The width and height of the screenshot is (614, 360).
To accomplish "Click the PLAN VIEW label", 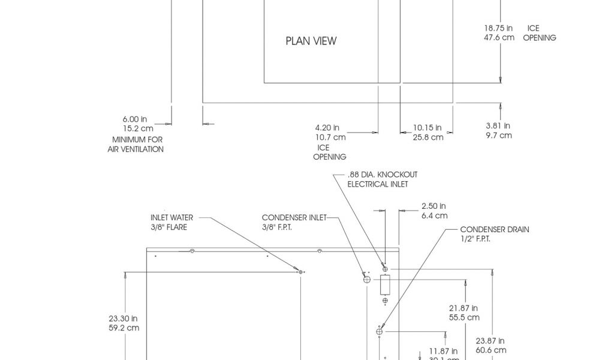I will pyautogui.click(x=311, y=41).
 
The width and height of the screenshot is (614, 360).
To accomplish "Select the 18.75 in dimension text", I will pyautogui.click(x=498, y=28).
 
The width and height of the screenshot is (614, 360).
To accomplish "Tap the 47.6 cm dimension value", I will pyautogui.click(x=499, y=37).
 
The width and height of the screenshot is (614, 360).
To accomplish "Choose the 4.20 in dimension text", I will pyautogui.click(x=327, y=127).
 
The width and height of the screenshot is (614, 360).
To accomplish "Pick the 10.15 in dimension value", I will pyautogui.click(x=428, y=127).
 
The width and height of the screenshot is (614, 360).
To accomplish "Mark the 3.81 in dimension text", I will pyautogui.click(x=498, y=125).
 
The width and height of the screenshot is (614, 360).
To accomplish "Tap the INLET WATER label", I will pyautogui.click(x=172, y=217).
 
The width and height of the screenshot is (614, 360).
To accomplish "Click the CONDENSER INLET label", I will pyautogui.click(x=294, y=217).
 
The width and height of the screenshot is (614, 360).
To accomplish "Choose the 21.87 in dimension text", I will pyautogui.click(x=463, y=308).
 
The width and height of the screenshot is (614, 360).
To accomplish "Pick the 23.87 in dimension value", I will pyautogui.click(x=490, y=340).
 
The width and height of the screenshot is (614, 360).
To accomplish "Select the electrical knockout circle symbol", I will pyautogui.click(x=385, y=268).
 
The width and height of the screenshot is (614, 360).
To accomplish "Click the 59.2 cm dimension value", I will pyautogui.click(x=124, y=328).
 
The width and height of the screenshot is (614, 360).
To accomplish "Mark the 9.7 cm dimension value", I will pyautogui.click(x=498, y=135).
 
